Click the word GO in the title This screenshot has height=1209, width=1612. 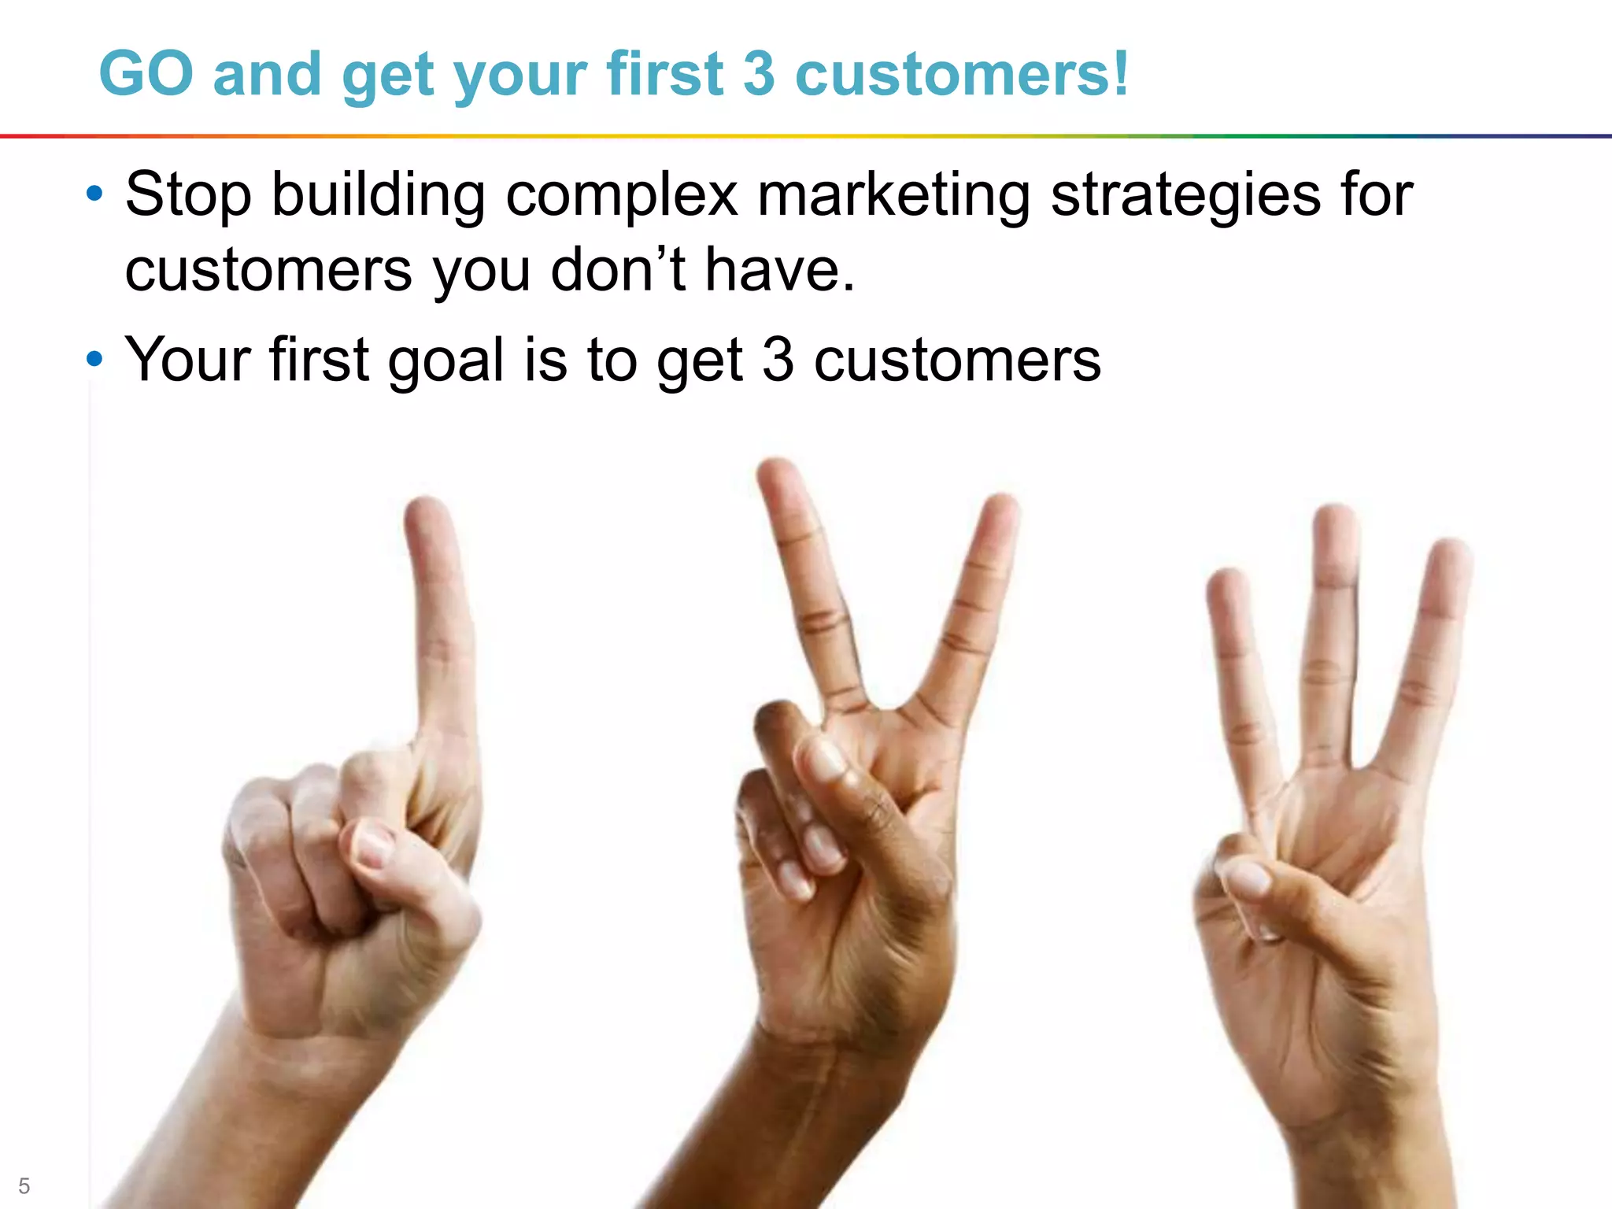pos(146,74)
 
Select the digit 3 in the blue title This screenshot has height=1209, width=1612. pos(759,74)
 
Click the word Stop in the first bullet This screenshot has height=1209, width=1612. pos(188,195)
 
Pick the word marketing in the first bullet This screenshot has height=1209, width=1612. pos(893,195)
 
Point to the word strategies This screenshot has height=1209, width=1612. pos(1185,195)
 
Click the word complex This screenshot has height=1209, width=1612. pos(622,195)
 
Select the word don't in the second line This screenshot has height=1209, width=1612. pos(618,270)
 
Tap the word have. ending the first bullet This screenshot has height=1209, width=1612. pos(779,270)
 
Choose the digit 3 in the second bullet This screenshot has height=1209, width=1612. pos(778,360)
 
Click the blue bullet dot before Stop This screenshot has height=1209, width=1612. pos(94,194)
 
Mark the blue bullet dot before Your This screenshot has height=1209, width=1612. pos(94,359)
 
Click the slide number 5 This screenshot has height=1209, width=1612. pos(24,1185)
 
